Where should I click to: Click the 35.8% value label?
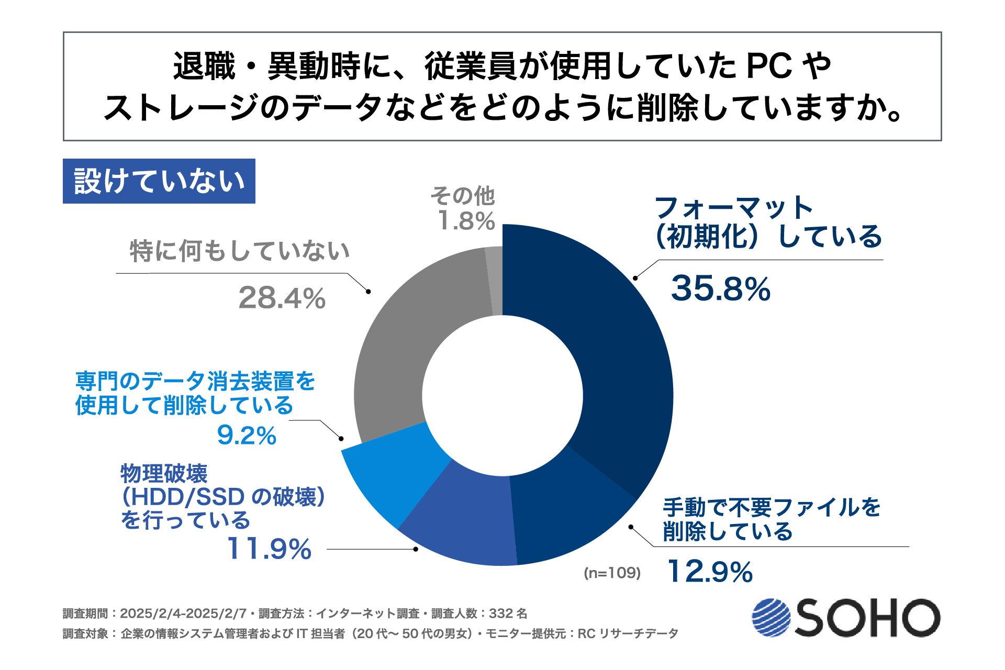[721, 288]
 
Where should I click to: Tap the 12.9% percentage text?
[710, 571]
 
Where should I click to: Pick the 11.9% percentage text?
[269, 549]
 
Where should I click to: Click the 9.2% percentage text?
[247, 435]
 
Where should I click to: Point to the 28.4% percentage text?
[282, 298]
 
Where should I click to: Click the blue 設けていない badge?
[159, 181]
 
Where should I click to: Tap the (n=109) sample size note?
[612, 573]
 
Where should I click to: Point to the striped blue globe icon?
[771, 618]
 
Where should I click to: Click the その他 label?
[463, 196]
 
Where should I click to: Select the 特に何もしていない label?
[240, 251]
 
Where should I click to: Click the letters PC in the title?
[768, 66]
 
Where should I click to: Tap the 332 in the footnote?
[500, 613]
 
